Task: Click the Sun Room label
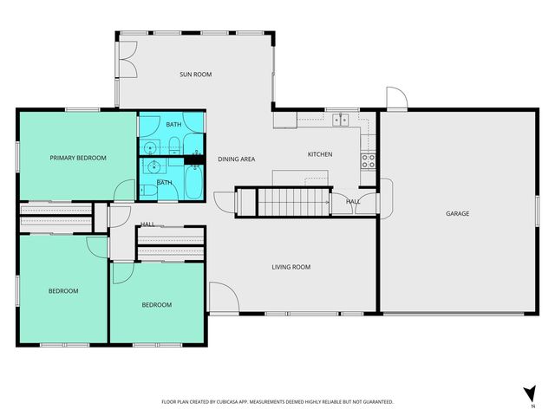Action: coord(195,75)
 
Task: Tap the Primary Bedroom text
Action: coord(78,158)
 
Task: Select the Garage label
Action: coord(457,213)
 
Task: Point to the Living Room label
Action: coord(291,267)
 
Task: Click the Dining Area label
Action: coord(236,159)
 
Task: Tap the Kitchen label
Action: coord(320,154)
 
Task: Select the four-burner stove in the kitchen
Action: coord(368,160)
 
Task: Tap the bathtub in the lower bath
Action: coord(193,181)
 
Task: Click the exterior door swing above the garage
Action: coord(395,97)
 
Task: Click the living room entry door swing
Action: coord(221,298)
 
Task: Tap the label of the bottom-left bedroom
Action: coord(62,291)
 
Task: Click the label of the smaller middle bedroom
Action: coord(156,304)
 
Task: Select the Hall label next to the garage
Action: coord(352,201)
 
